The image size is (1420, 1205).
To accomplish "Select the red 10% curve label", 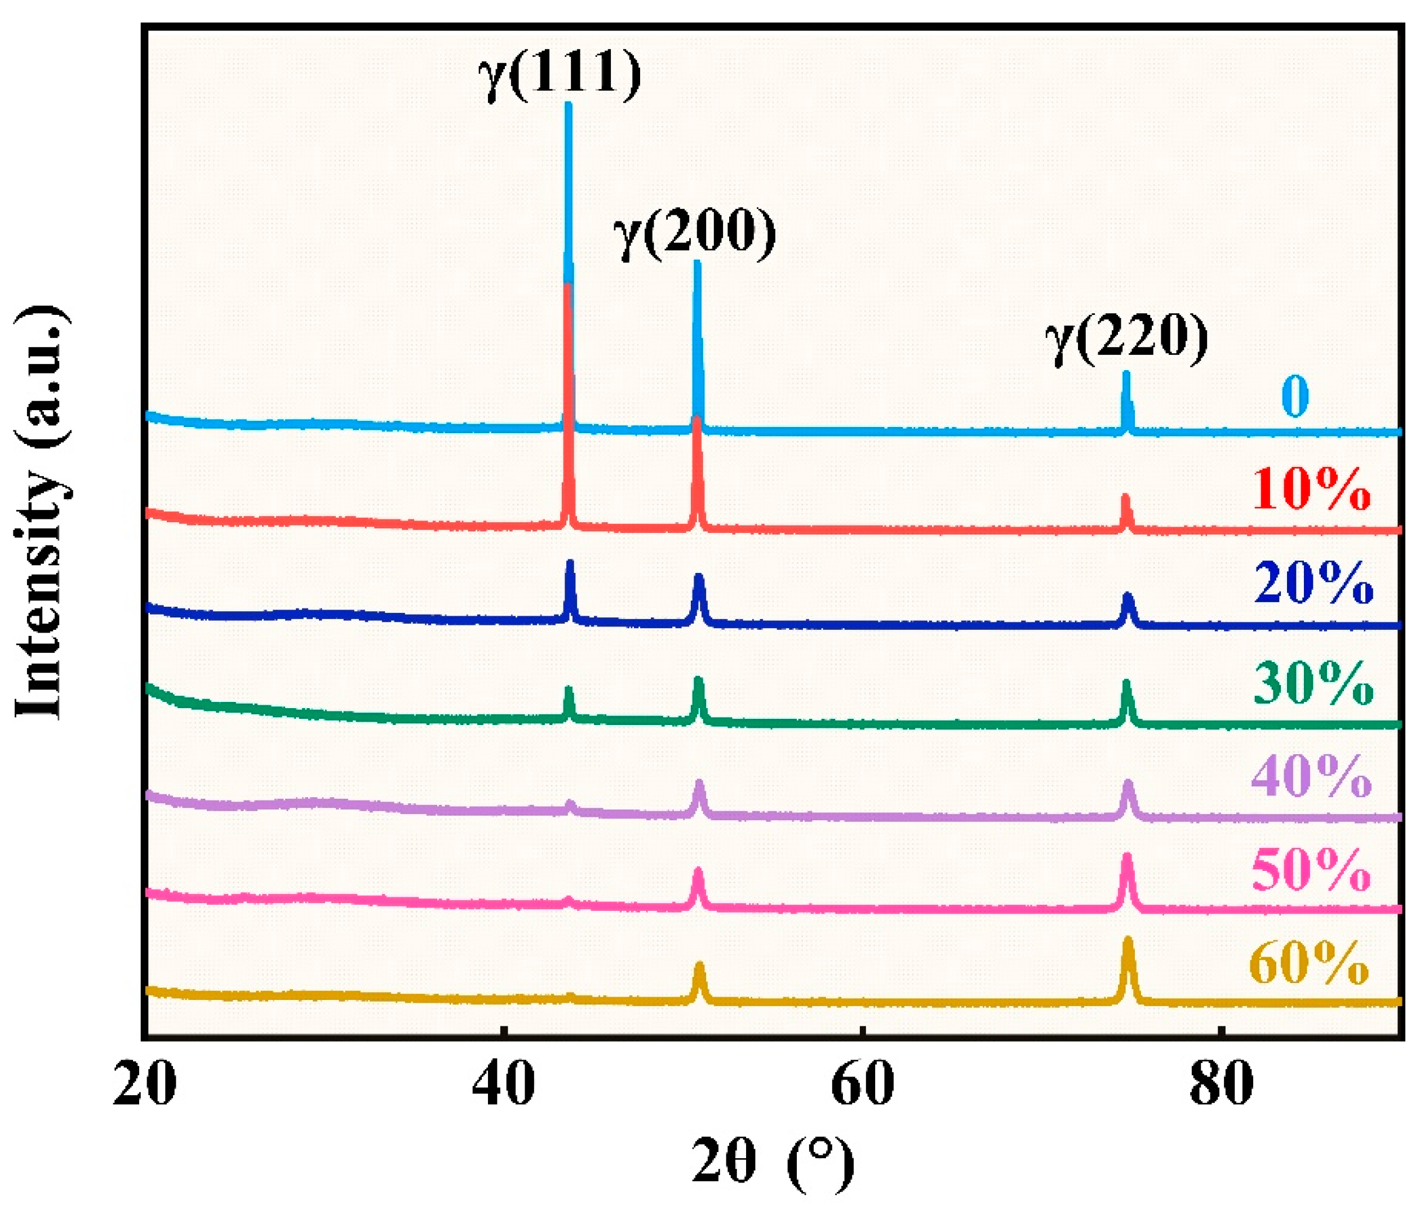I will [1311, 491].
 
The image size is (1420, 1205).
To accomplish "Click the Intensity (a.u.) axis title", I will [42, 512].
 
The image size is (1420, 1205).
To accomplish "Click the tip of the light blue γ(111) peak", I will [567, 104].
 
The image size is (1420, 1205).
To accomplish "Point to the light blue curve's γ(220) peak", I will [1126, 373].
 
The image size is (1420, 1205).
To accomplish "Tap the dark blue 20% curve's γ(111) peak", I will [570, 562].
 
